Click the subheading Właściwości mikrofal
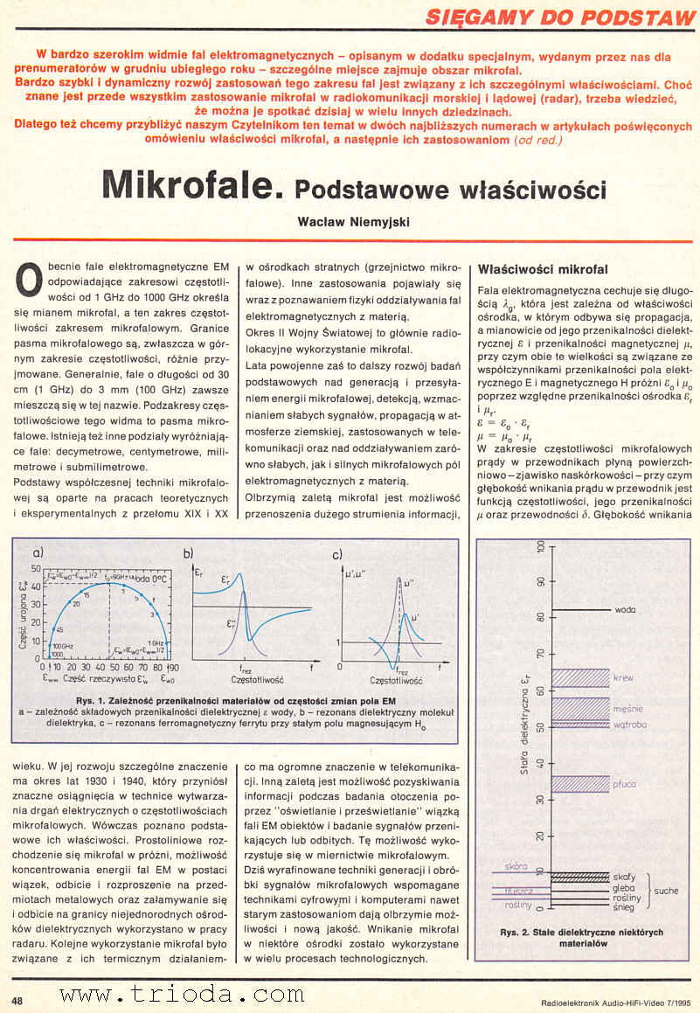pos(544,268)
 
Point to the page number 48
pos(17,998)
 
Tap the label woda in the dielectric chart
pos(624,609)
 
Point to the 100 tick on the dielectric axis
pos(541,545)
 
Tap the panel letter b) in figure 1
pos(188,552)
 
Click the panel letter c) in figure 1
pos(336,552)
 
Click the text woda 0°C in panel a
pos(148,579)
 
